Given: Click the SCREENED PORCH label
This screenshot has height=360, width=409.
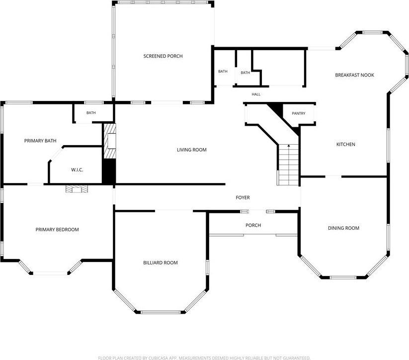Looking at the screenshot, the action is (163, 56).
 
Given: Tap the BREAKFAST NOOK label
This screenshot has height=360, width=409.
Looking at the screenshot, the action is (354, 75).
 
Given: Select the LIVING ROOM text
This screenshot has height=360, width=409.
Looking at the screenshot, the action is (192, 150).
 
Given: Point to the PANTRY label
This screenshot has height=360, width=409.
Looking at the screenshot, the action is (298, 113).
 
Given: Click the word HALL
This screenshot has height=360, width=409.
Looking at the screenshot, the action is (256, 94).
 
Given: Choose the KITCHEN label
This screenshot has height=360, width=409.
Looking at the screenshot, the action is (345, 144).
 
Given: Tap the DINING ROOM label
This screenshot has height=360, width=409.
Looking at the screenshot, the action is (343, 228).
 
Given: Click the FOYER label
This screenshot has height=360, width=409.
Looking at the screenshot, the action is (243, 197).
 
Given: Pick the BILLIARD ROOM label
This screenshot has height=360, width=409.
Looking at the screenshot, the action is (161, 263).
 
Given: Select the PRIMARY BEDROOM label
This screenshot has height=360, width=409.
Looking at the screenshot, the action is (57, 230).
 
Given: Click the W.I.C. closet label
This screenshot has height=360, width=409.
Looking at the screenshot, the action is (77, 170).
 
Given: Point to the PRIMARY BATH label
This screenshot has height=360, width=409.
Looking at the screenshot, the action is (40, 141).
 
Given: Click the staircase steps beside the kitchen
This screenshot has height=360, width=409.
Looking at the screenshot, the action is (288, 165).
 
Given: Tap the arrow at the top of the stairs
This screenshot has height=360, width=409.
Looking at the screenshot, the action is (289, 146).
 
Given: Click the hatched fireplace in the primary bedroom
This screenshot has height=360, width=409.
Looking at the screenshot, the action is (77, 189).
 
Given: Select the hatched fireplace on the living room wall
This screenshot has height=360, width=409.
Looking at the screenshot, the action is (110, 141).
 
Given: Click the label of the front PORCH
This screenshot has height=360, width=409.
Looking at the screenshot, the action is (253, 225).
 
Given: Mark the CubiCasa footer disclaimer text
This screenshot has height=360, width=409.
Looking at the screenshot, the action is (204, 358).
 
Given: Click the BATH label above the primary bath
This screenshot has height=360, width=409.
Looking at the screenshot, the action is (91, 113).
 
